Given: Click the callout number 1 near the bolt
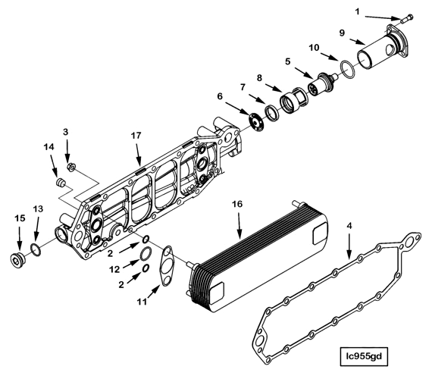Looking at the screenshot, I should pyautogui.click(x=380, y=11).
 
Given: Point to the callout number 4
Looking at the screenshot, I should pyautogui.click(x=349, y=225).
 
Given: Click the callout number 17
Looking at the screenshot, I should pyautogui.click(x=137, y=137).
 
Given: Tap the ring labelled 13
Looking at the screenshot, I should pyautogui.click(x=35, y=251).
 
